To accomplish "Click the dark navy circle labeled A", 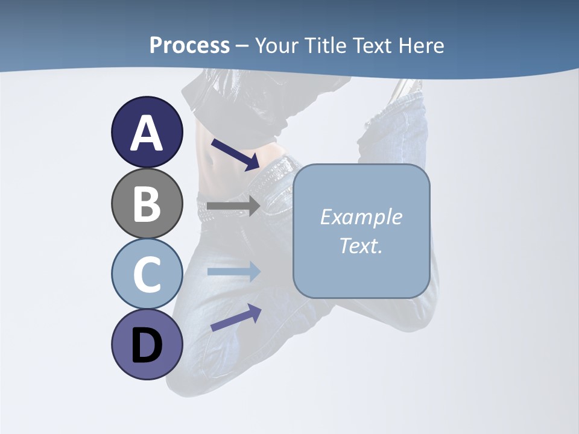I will (x=147, y=132).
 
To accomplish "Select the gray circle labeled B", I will (x=147, y=203).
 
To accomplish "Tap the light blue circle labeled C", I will (x=147, y=274).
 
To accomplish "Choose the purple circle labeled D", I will (x=147, y=344).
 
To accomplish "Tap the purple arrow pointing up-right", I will (x=236, y=318).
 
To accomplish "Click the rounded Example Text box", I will (x=361, y=231).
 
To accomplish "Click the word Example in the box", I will (x=361, y=217).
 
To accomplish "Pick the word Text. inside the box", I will (x=361, y=246).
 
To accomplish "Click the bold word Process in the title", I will (x=189, y=45).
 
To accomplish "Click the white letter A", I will (x=147, y=133).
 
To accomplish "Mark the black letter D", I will (x=147, y=346).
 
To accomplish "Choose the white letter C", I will (x=147, y=274).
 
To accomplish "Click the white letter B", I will (x=147, y=204).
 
